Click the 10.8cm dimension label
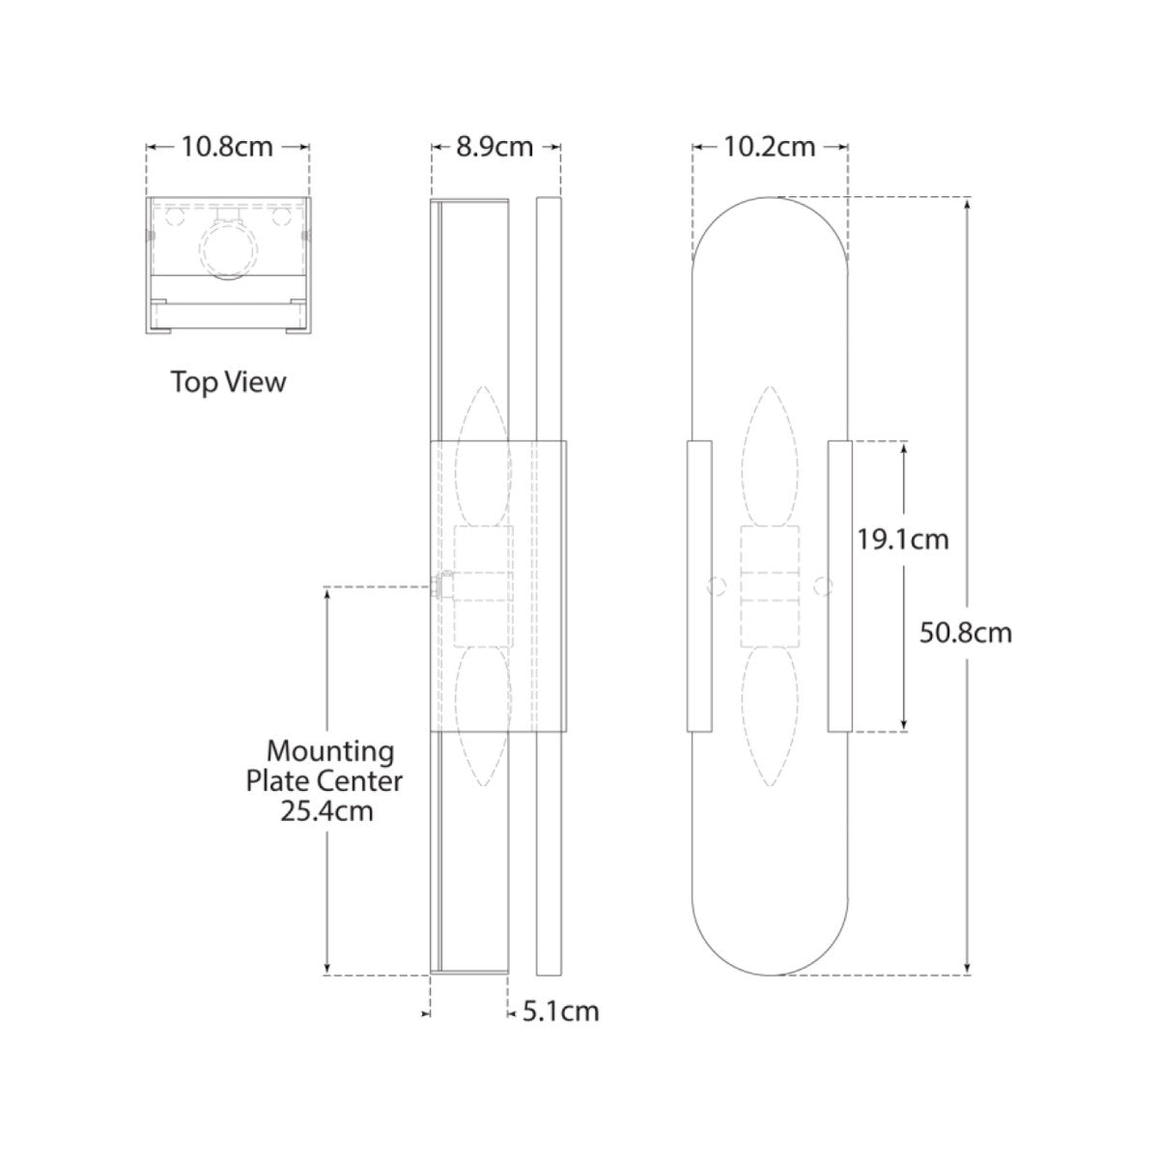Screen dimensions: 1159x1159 point(228,148)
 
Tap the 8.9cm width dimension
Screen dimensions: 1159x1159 point(495,147)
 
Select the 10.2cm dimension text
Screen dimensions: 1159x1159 point(770,147)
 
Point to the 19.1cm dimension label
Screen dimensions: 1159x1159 point(903,539)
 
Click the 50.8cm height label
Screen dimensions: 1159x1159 point(966,633)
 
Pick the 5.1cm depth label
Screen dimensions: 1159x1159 point(561,1011)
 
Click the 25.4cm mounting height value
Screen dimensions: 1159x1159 point(326,811)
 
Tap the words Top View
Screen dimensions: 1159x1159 point(229,382)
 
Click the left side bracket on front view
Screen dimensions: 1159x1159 point(699,585)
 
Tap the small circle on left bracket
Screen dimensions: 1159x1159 point(716,585)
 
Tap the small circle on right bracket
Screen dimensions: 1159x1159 point(823,585)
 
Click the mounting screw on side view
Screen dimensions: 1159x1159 point(443,585)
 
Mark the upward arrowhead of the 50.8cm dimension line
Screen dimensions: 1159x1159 point(969,205)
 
